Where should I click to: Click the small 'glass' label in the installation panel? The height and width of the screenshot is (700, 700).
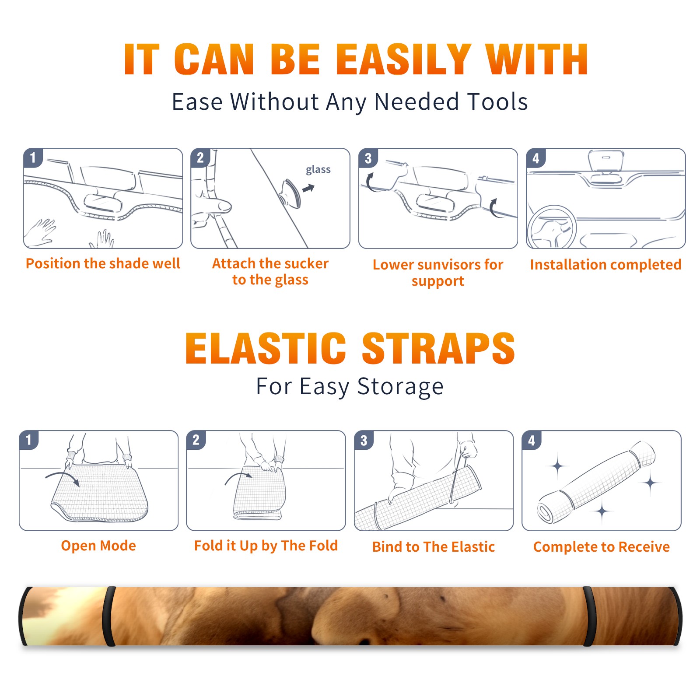point(318,170)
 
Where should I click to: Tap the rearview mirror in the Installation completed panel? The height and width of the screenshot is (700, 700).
point(605,160)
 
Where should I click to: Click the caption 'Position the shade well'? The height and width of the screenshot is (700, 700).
point(103,263)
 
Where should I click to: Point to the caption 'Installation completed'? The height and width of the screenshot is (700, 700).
point(605,265)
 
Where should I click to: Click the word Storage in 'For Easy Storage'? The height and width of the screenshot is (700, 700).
point(400,387)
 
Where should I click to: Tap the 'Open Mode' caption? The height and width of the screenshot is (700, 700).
point(98,546)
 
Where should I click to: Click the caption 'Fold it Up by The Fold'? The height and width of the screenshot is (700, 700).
point(266,546)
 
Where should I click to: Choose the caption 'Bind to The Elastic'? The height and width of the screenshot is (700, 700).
point(434,547)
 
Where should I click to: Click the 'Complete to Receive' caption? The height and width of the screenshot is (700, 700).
point(602,547)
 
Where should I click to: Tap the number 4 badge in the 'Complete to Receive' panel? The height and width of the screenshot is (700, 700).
point(532,440)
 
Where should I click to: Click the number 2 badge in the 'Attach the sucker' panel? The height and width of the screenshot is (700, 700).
point(200,158)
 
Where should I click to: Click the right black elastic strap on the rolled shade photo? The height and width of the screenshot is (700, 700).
point(589,616)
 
